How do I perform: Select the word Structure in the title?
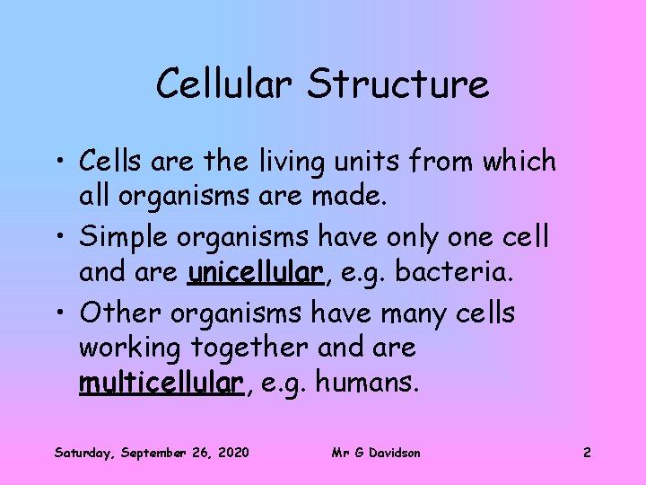(x=397, y=84)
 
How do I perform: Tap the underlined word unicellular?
(x=255, y=272)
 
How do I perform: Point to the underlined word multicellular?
(x=161, y=384)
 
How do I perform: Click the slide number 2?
(x=587, y=452)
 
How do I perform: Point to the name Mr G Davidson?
(x=376, y=452)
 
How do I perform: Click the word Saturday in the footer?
(x=84, y=452)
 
